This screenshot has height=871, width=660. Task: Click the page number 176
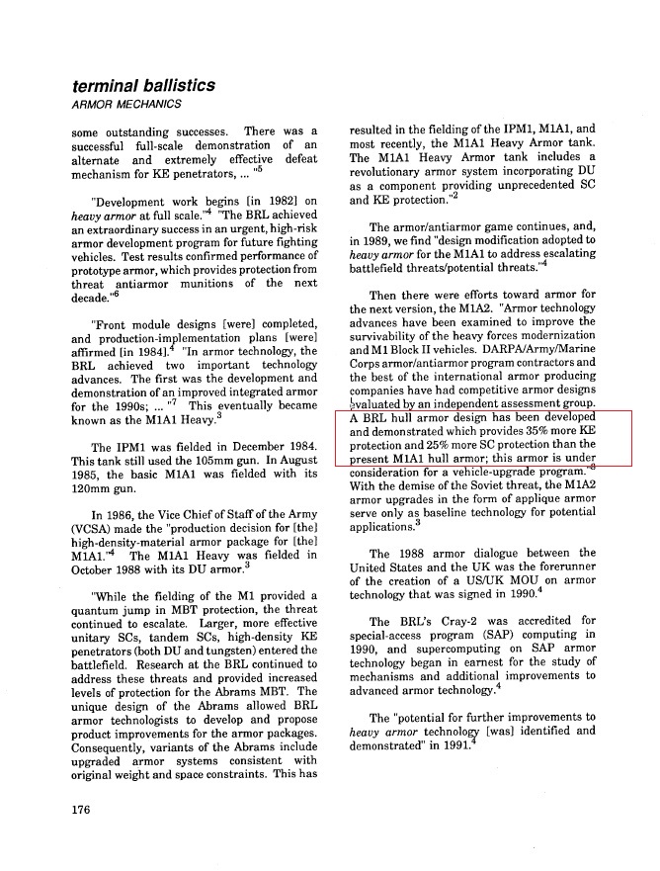(82, 811)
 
